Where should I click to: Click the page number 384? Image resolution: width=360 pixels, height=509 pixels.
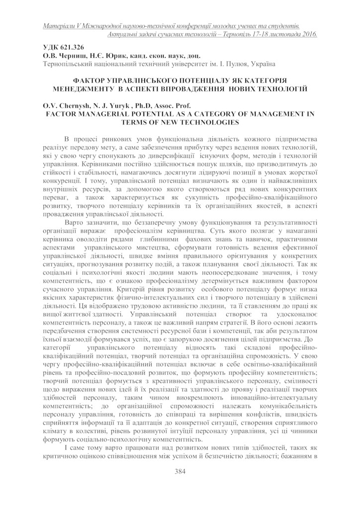pos(180,472)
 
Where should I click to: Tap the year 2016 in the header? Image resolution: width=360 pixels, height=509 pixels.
pos(308,34)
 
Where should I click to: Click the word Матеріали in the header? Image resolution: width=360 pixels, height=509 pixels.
pos(59,25)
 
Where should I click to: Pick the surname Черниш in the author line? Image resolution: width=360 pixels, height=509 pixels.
pos(74,56)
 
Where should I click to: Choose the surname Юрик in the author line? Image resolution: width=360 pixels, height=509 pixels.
pos(112,56)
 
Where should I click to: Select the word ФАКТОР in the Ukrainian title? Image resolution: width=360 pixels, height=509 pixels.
pos(90,80)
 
